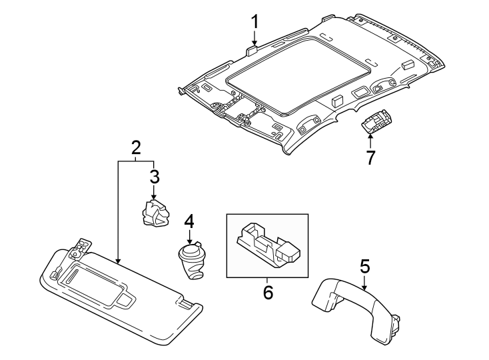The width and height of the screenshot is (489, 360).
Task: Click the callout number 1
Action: (254, 22)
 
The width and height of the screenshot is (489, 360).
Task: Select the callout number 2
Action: (136, 147)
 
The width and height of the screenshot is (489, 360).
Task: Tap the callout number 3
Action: (154, 177)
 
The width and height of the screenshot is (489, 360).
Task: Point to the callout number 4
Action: (189, 221)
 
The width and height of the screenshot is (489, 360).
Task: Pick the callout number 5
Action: (364, 267)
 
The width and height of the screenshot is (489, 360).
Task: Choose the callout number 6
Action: (268, 291)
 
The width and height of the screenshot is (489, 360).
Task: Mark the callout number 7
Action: (370, 157)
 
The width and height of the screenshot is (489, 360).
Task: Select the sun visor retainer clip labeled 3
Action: (155, 214)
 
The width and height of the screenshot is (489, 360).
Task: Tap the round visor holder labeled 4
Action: (192, 260)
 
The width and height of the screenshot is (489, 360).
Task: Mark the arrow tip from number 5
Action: (364, 287)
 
